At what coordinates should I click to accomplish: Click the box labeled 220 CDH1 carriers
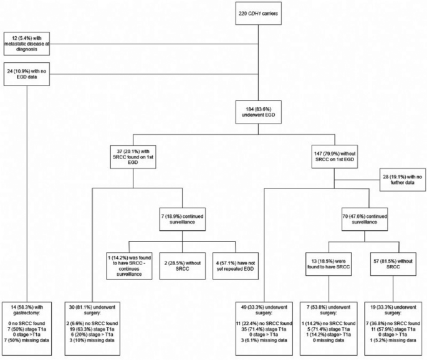tap(258, 13)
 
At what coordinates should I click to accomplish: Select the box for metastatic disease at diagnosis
tap(27, 44)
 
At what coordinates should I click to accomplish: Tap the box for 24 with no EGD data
tap(27, 74)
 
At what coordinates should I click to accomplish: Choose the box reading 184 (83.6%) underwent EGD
tap(258, 112)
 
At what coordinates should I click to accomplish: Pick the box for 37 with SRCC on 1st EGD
tap(133, 157)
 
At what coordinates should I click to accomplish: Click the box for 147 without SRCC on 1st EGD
tap(335, 157)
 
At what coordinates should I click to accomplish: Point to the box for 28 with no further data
tap(403, 180)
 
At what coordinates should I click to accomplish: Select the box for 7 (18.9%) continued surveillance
tap(183, 220)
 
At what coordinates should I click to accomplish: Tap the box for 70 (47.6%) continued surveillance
tap(365, 220)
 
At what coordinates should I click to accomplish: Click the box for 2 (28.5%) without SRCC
tap(183, 266)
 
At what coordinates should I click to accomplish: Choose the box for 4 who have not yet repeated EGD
tap(236, 266)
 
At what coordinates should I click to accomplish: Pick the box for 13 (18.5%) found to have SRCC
tap(329, 264)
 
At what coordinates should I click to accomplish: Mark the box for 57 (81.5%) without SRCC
tap(393, 264)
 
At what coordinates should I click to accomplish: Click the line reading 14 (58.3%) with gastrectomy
tap(27, 310)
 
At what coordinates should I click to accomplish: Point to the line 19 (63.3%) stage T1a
tap(92, 329)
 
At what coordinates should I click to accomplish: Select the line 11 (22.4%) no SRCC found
tap(264, 323)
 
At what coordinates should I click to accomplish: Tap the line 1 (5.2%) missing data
tap(393, 341)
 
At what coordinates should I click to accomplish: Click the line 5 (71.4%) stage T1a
tap(329, 329)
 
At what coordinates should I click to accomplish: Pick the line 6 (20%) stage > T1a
tap(92, 334)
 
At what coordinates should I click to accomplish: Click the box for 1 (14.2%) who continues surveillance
tap(130, 266)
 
